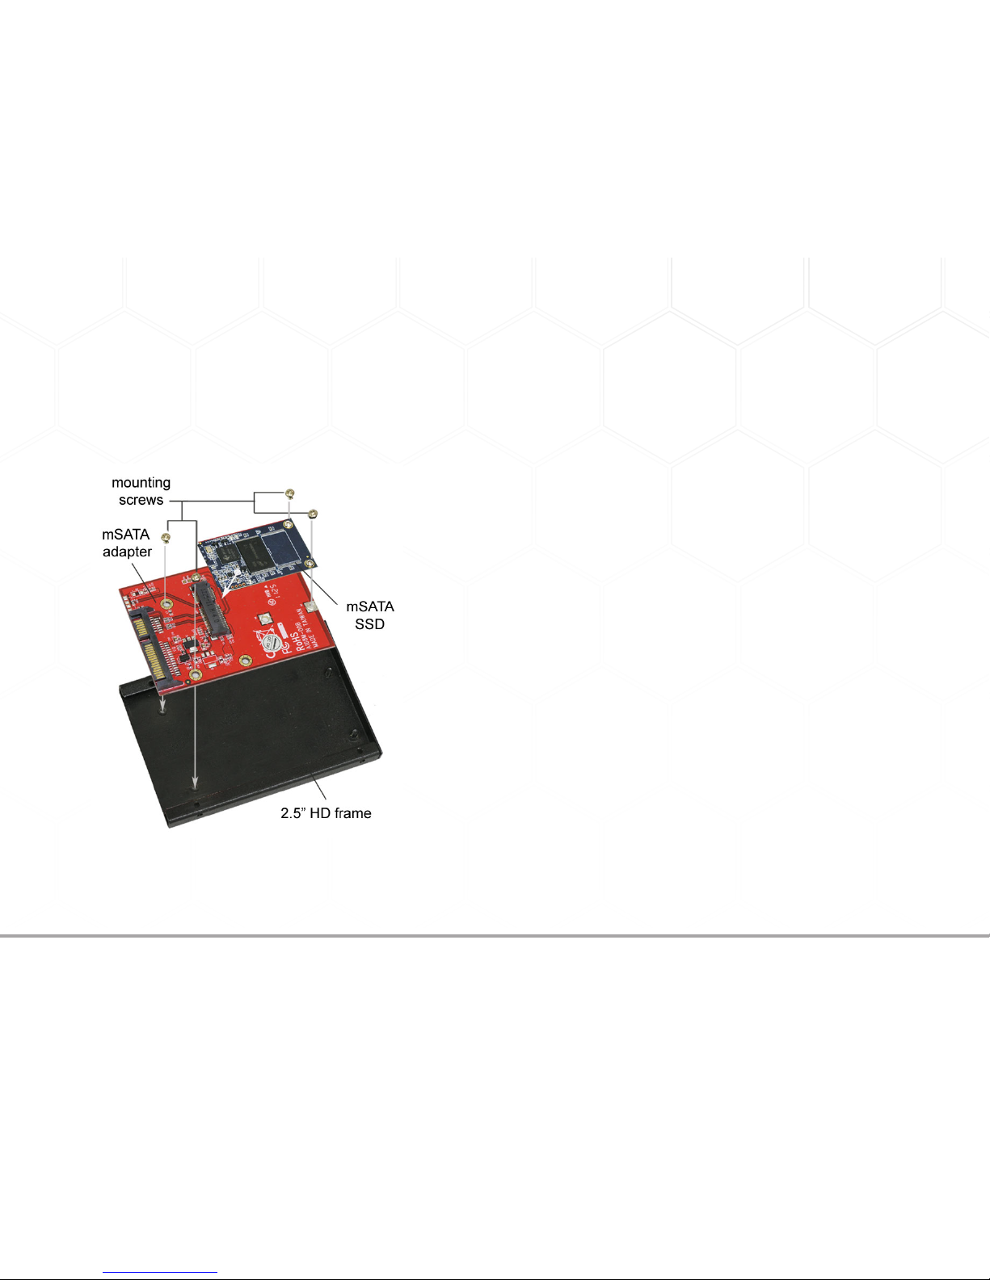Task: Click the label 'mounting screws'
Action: click(141, 491)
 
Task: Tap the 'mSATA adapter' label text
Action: click(126, 543)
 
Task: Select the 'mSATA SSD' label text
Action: click(369, 615)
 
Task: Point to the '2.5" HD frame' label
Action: click(326, 813)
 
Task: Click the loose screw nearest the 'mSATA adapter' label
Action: click(166, 538)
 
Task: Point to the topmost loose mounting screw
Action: click(290, 493)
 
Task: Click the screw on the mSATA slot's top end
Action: click(195, 579)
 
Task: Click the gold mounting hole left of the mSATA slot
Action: click(166, 602)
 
